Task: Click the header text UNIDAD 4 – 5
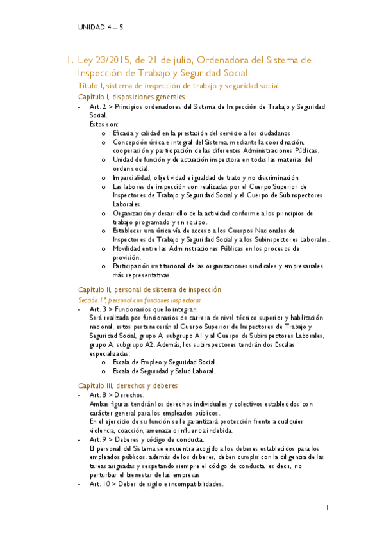[101, 28]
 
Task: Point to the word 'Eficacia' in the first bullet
[124, 133]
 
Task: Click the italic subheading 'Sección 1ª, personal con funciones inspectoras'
[140, 299]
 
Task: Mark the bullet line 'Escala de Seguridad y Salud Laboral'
[164, 371]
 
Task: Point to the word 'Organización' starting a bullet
[132, 213]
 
